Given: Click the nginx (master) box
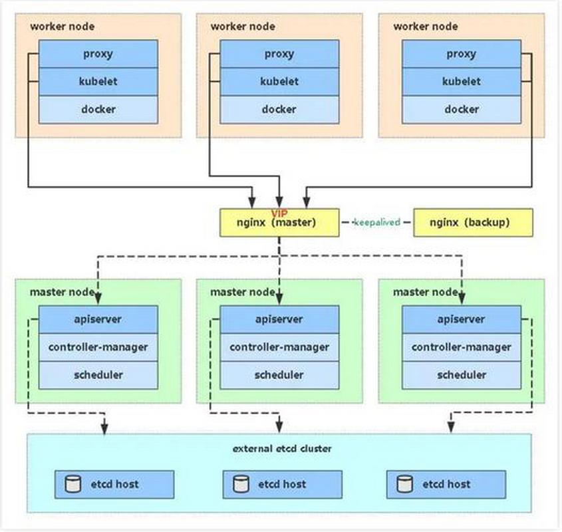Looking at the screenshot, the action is click(x=279, y=223).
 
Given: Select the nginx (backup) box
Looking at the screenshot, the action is click(x=473, y=223).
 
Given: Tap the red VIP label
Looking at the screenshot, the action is click(x=279, y=213).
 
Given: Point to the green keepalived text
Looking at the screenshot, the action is click(x=376, y=222).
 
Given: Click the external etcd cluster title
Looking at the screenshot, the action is click(x=282, y=448).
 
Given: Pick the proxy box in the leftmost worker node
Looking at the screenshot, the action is click(x=98, y=54).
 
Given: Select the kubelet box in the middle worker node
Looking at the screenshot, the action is click(x=279, y=81).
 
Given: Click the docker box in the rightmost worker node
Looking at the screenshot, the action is click(x=462, y=109).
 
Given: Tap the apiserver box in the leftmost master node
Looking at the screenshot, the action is click(x=98, y=319).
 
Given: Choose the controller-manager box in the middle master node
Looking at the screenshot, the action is click(x=279, y=347).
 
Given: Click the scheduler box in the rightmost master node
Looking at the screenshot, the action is click(x=462, y=375).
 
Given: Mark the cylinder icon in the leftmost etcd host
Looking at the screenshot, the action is click(x=73, y=484).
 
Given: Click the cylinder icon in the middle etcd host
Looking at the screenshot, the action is click(x=241, y=484).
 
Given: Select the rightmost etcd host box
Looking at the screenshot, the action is click(x=446, y=485).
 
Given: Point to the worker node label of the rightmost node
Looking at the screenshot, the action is click(x=426, y=27).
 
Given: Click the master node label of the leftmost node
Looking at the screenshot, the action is click(x=62, y=292).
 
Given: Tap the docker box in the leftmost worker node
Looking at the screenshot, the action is click(x=98, y=109).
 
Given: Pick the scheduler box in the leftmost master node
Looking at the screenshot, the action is click(x=98, y=375).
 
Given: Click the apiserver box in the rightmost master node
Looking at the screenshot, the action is click(x=462, y=319).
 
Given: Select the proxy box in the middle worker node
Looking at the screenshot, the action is click(x=279, y=54).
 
